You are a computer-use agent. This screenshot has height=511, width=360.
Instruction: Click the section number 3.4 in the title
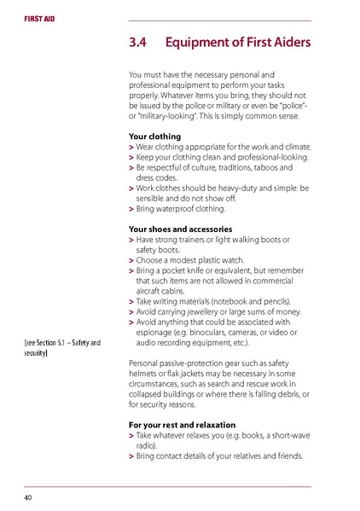click(x=139, y=43)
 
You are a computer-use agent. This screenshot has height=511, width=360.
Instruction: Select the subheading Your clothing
click(x=154, y=136)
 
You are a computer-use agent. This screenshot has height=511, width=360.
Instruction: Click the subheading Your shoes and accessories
click(x=183, y=229)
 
